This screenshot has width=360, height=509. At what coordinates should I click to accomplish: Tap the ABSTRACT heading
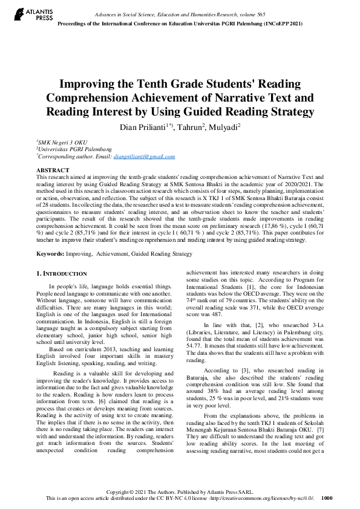(53, 171)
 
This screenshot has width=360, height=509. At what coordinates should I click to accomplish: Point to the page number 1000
(327, 498)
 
